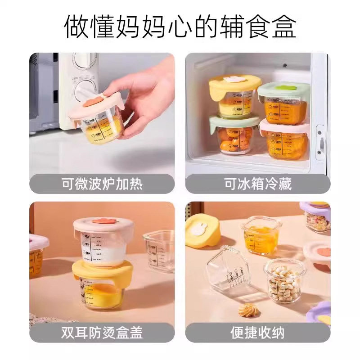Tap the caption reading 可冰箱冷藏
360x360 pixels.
[x=257, y=184]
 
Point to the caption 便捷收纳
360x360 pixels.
[x=257, y=333]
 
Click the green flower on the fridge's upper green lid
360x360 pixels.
[x=286, y=85]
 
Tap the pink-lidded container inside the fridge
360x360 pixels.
[x=284, y=140]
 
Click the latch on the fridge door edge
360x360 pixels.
[x=320, y=144]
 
